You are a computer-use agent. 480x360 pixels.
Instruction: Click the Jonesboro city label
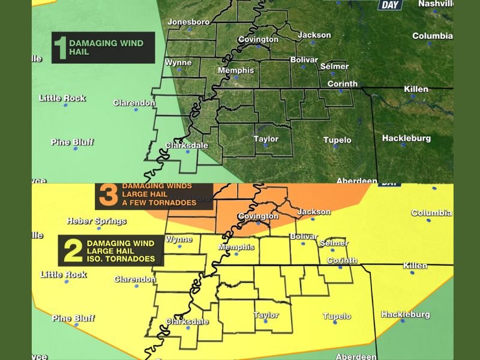tap(188, 22)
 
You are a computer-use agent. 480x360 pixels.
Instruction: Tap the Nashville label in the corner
tap(436, 4)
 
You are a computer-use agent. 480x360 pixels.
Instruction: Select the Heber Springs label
tap(97, 221)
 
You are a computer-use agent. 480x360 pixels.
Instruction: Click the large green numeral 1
tap(60, 48)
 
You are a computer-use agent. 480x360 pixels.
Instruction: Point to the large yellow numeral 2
tap(72, 251)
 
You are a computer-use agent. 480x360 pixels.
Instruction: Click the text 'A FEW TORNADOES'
tap(159, 203)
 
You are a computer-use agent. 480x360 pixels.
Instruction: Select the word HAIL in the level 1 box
tap(80, 52)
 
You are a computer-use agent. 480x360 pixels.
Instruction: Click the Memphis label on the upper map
tap(232, 70)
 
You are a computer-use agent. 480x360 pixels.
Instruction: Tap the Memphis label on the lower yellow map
tap(232, 247)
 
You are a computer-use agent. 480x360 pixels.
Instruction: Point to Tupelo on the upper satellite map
tap(337, 140)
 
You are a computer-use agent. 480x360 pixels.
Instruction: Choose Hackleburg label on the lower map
tap(406, 314)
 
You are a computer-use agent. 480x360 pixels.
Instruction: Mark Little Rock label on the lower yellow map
tap(63, 275)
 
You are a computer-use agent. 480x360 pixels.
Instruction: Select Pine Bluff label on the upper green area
tap(72, 142)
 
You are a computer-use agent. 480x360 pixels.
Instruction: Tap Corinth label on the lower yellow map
tap(342, 260)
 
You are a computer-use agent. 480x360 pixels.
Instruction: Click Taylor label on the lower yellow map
tap(266, 315)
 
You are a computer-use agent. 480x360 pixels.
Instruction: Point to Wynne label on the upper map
tap(178, 62)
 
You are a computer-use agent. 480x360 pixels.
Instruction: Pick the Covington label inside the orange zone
tap(258, 216)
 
